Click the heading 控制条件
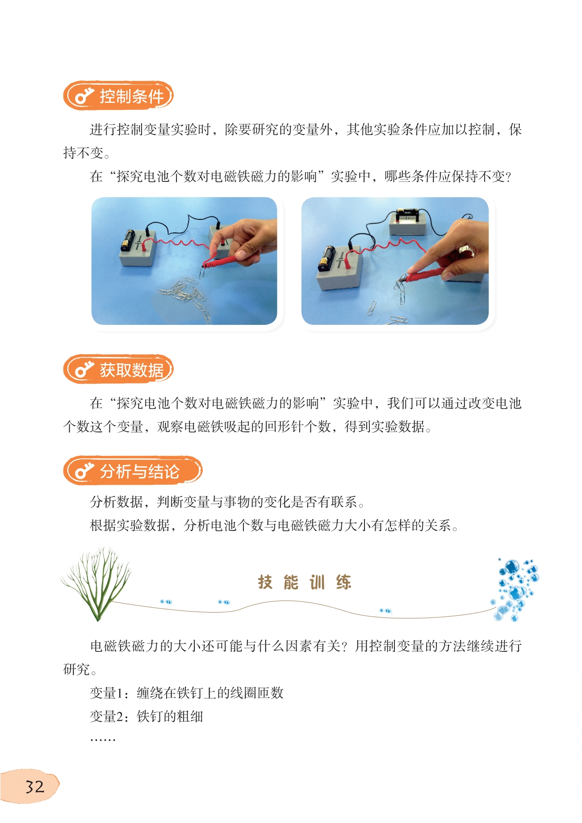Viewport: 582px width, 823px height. point(132,96)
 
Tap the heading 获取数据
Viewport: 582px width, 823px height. point(132,370)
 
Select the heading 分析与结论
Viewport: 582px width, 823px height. point(139,471)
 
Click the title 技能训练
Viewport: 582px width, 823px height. point(304,582)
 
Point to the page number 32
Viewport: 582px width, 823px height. point(35,787)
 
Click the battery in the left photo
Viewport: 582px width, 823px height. point(128,240)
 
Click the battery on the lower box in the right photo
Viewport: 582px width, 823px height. point(326,258)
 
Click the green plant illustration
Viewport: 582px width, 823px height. point(96,584)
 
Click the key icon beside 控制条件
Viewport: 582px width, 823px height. point(84,96)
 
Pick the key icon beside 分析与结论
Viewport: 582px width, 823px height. point(84,471)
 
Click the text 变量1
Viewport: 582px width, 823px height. point(103,693)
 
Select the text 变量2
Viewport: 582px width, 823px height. point(103,717)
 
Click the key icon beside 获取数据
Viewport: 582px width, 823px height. point(84,370)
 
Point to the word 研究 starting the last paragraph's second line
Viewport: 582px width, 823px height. point(76,669)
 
